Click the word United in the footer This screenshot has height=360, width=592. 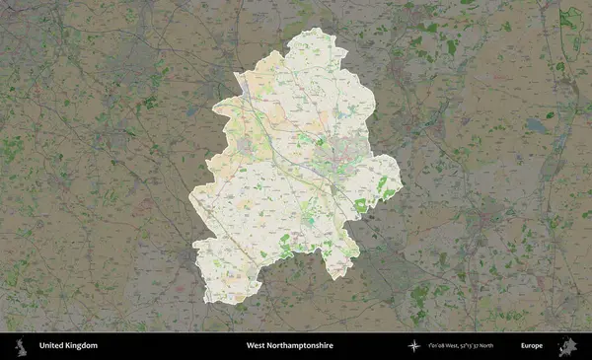pos(50,346)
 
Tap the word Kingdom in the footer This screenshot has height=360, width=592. pos(81,346)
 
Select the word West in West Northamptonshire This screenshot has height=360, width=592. pos(257,346)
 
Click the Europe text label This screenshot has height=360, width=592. pos(532,346)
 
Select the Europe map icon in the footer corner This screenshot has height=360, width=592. pos(568,346)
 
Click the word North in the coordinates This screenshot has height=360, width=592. pos(512,346)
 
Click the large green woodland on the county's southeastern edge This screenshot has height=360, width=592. pos(360,205)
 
